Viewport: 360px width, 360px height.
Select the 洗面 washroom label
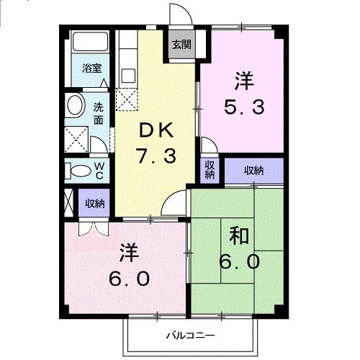tap(99, 114)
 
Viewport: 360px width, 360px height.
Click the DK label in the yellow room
tap(155, 130)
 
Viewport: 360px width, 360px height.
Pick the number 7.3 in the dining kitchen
tap(156, 155)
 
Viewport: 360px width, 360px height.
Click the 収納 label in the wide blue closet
tap(254, 171)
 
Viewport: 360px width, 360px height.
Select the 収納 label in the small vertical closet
tap(210, 171)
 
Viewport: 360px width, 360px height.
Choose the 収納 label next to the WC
tap(94, 203)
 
